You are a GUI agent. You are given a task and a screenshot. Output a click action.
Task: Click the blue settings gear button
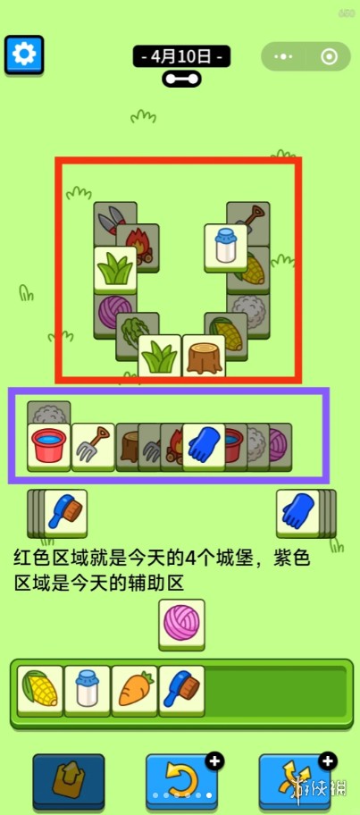(x=24, y=54)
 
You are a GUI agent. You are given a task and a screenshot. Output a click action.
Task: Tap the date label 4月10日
(x=182, y=56)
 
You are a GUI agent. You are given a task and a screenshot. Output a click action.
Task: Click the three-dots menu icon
(x=284, y=56)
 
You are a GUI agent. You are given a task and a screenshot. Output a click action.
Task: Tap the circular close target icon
(x=329, y=56)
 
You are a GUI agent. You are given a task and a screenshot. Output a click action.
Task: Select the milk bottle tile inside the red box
(x=225, y=248)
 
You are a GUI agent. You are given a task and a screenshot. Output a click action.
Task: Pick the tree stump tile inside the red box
(x=204, y=356)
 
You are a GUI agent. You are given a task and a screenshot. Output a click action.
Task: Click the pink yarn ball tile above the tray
(x=182, y=624)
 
